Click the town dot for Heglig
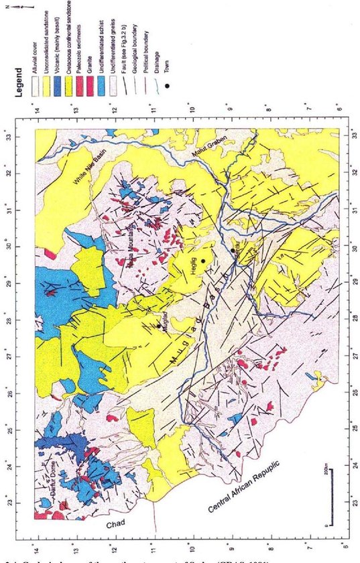click(x=202, y=261)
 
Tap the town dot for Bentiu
click(x=233, y=251)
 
